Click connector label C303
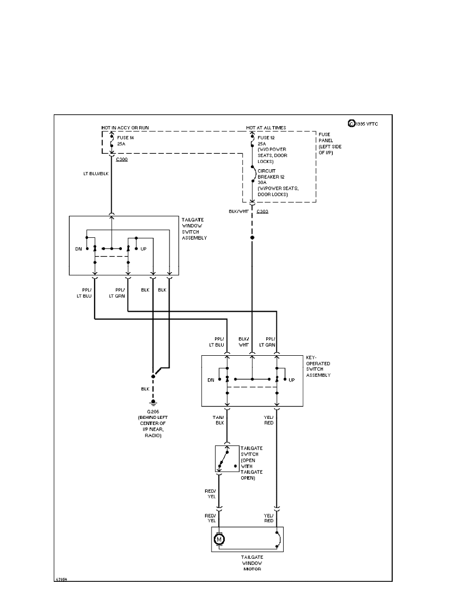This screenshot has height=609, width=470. (263, 211)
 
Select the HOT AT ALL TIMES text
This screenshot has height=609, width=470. (266, 127)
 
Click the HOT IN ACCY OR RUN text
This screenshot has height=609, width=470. (125, 127)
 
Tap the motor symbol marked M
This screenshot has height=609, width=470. (219, 539)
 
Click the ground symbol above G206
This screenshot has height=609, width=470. (153, 403)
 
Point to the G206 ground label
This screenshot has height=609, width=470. (153, 411)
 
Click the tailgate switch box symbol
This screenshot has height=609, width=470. (227, 458)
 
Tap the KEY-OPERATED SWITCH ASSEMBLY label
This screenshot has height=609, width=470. (318, 366)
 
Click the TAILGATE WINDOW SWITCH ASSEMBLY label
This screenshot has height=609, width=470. (195, 229)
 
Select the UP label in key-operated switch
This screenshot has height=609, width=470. (292, 380)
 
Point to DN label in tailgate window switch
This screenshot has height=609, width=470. (78, 249)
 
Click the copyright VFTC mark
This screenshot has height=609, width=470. (363, 123)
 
